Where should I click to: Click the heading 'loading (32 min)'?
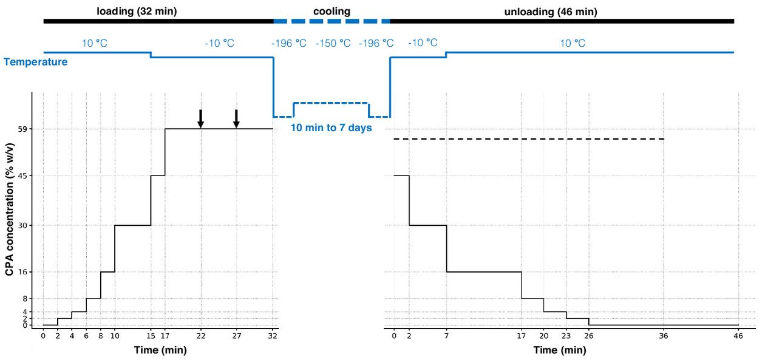137,11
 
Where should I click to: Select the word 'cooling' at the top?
331,11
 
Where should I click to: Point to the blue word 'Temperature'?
35,61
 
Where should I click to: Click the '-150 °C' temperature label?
333,44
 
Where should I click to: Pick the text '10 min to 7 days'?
331,128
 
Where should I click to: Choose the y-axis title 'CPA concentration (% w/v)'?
10,209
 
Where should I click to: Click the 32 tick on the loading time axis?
273,335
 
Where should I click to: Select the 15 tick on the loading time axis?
151,335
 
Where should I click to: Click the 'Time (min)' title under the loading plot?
160,350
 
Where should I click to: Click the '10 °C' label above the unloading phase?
572,44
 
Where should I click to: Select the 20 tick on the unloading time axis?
544,335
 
